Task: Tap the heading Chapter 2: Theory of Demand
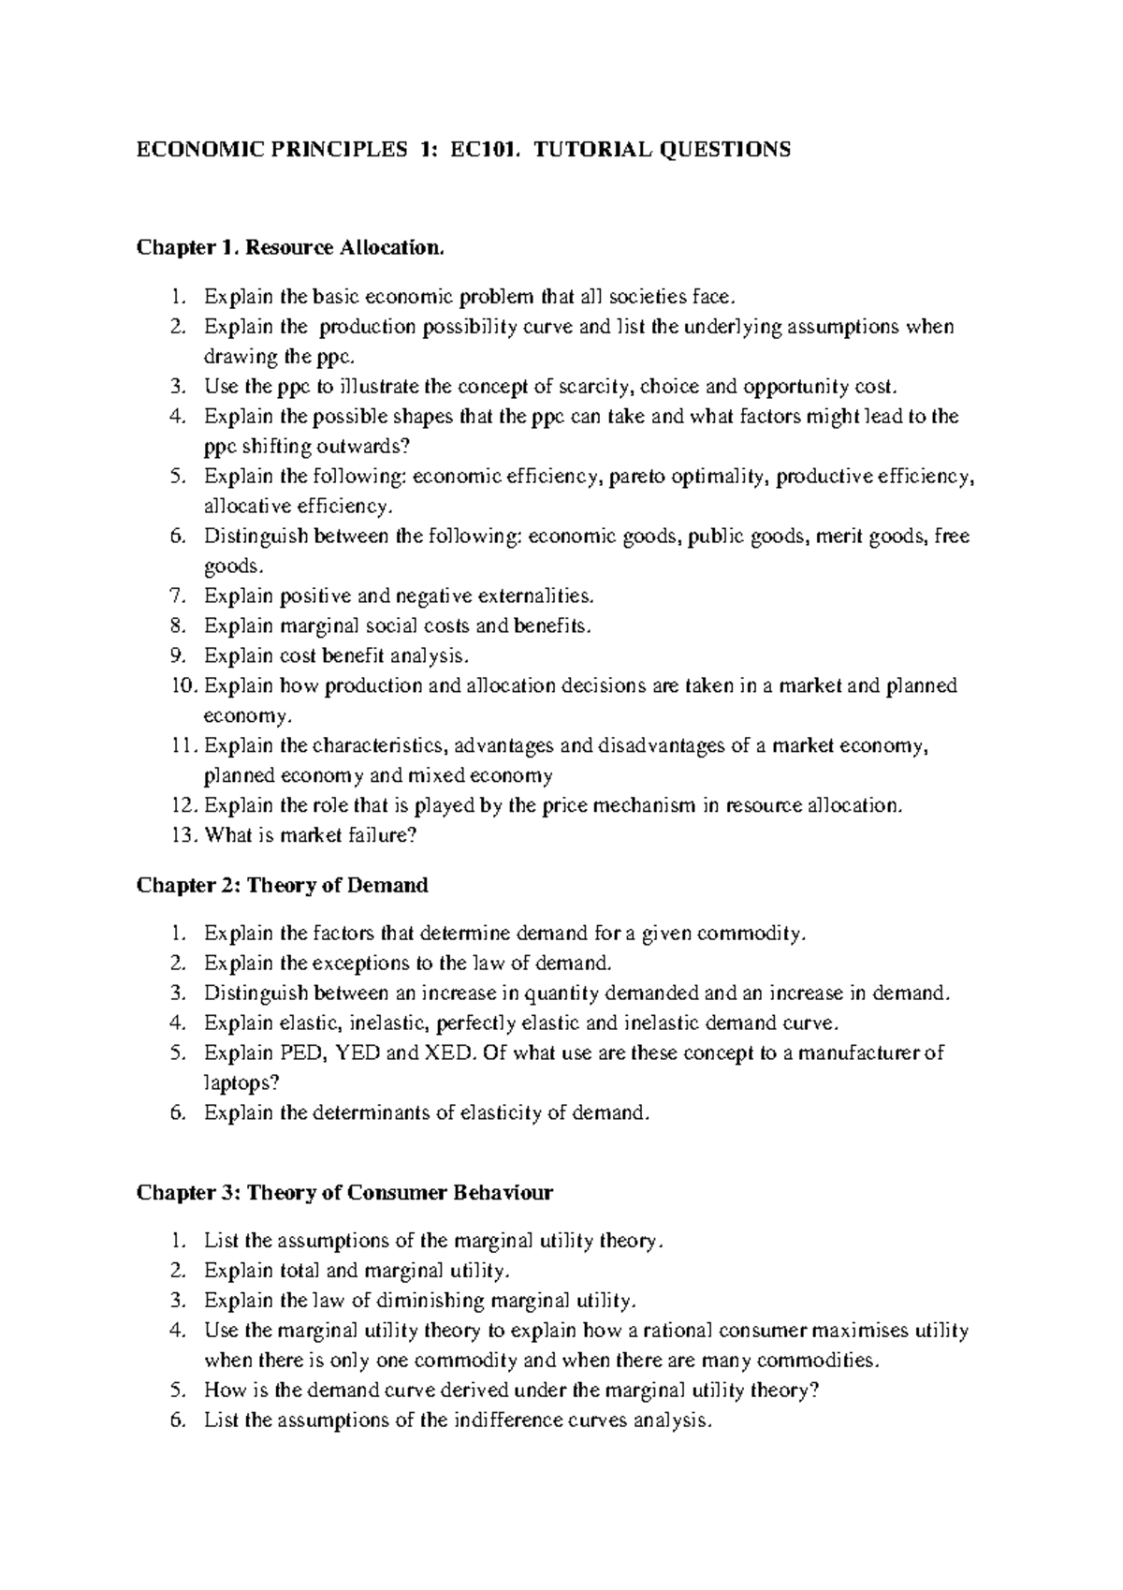click(283, 885)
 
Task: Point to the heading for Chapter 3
click(344, 1192)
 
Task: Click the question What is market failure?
click(310, 835)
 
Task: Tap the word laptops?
click(241, 1082)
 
